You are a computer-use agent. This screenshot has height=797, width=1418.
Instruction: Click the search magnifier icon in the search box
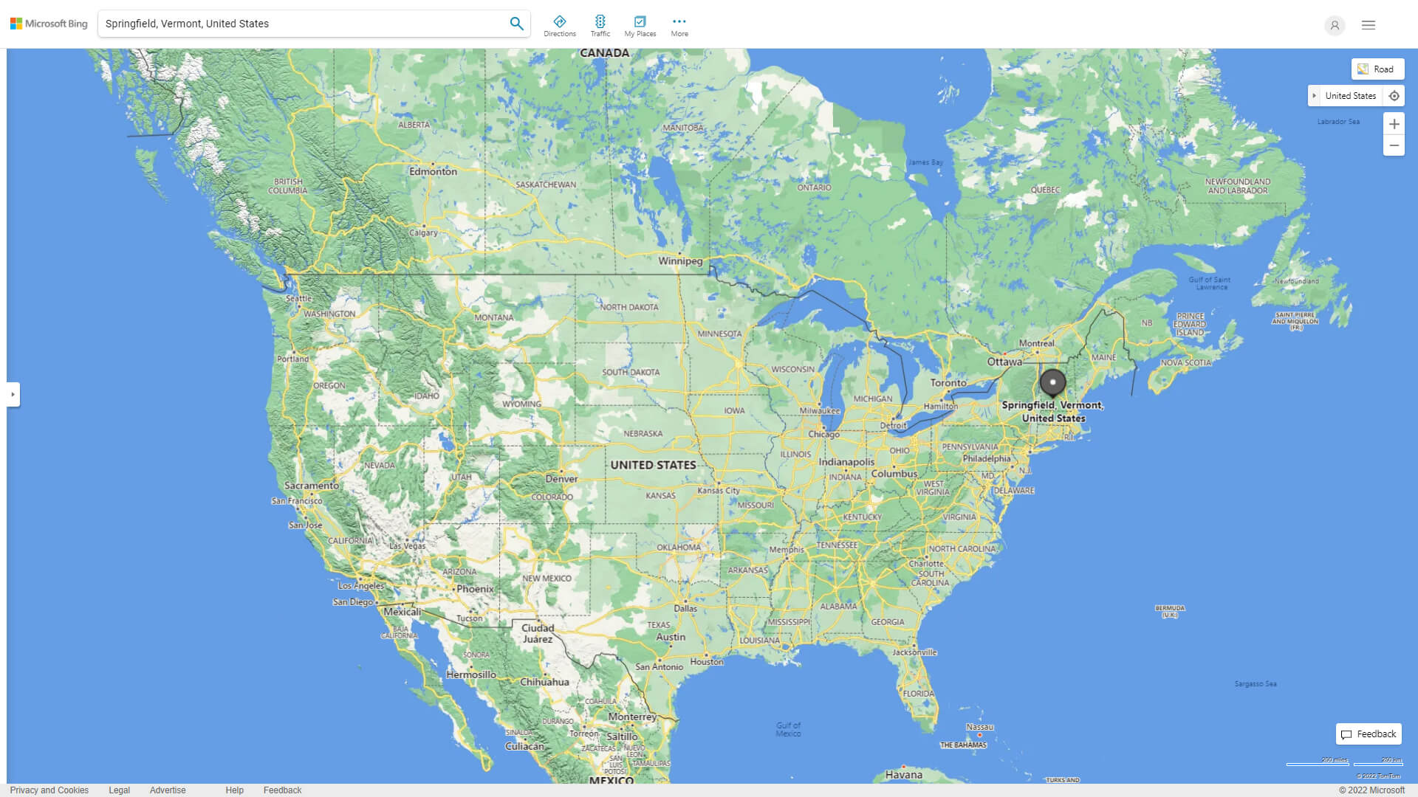pos(516,24)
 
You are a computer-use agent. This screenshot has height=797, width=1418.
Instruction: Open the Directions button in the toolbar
pos(560,26)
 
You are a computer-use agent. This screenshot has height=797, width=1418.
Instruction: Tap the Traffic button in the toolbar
pos(600,26)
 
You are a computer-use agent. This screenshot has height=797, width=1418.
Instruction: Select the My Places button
pos(640,26)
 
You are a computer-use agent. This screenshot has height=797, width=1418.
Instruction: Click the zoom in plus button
pos(1394,124)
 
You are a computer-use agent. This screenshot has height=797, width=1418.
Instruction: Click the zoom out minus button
pos(1394,145)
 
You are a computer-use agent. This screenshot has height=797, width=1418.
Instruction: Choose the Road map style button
pos(1377,69)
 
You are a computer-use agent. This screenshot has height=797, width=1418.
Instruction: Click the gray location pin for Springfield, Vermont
pos(1052,383)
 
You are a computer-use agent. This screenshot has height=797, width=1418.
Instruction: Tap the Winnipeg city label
pos(680,261)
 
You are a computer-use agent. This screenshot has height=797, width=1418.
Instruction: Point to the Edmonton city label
pos(433,171)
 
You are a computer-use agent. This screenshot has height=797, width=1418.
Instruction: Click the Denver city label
pos(561,479)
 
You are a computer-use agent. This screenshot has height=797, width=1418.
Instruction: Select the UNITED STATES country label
pos(653,465)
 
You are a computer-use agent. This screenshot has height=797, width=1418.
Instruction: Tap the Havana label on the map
pos(904,775)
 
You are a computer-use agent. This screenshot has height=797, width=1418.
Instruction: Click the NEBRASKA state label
pos(643,434)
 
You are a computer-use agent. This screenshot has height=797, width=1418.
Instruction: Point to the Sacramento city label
pos(312,486)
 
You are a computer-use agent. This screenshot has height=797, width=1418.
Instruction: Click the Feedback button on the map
pos(1369,734)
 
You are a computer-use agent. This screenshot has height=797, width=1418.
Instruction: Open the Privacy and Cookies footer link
pos(49,790)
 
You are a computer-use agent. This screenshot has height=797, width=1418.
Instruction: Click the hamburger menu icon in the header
pos(1369,25)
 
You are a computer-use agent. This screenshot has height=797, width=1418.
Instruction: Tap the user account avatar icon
pos(1335,25)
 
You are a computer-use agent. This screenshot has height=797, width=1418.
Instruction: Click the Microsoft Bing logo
pos(49,24)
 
